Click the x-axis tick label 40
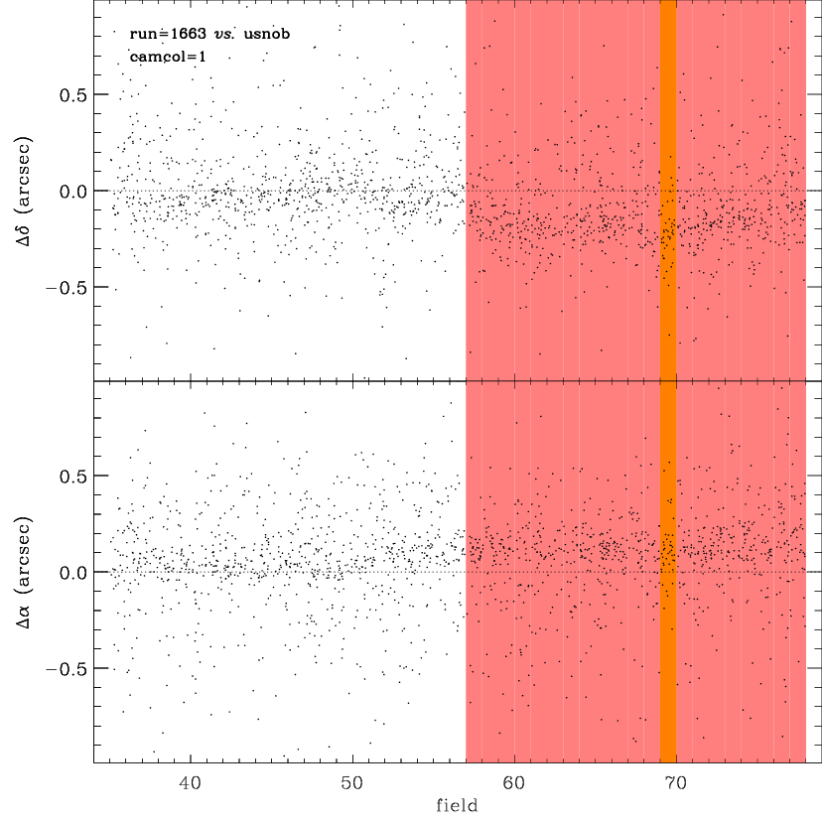click(190, 783)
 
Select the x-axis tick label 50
click(351, 783)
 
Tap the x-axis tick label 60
click(514, 783)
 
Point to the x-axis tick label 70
click(676, 783)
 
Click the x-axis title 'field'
click(457, 805)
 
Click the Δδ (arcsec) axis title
click(24, 192)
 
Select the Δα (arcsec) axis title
click(24, 573)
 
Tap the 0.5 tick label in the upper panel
click(72, 95)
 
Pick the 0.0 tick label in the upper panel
click(72, 192)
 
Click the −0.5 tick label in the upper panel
click(67, 288)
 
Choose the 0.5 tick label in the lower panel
click(72, 477)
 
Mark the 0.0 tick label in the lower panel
click(72, 573)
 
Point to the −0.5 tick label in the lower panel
click(67, 669)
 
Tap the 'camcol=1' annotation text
click(168, 57)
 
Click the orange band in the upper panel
click(668, 191)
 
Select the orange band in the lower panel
click(668, 572)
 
